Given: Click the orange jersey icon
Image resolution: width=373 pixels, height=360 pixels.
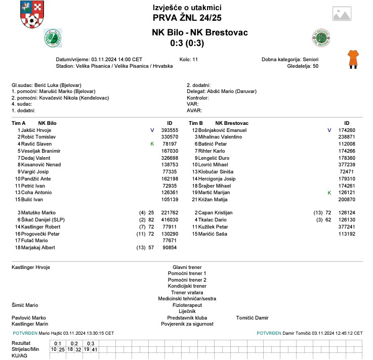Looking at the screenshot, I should pyautogui.click(x=353, y=59).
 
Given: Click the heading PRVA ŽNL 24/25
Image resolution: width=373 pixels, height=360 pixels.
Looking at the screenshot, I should pyautogui.click(x=187, y=18).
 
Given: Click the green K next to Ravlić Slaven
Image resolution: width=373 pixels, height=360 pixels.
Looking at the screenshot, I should pyautogui.click(x=152, y=144).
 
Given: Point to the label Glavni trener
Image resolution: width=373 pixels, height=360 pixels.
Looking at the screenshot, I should pyautogui.click(x=187, y=267).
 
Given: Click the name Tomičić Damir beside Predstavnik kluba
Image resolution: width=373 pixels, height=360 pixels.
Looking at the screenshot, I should pyautogui.click(x=252, y=318).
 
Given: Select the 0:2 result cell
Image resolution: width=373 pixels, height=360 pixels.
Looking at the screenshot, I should pyautogui.click(x=74, y=343).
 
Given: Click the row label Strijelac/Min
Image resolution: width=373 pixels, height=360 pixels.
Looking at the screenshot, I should pyautogui.click(x=25, y=349).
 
